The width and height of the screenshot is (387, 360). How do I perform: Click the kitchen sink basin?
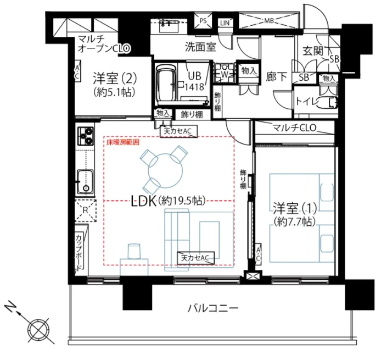(85, 181)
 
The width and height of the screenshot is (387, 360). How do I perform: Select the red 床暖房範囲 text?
(122, 142)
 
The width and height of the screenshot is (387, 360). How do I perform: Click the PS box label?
(203, 22)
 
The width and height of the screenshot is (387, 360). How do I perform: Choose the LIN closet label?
(225, 23)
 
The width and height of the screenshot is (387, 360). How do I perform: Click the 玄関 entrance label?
(314, 52)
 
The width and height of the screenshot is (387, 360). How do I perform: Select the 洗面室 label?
(200, 47)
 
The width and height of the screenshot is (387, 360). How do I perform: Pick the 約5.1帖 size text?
(113, 91)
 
